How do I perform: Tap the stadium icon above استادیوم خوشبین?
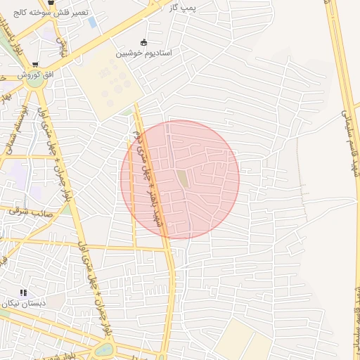[144, 42]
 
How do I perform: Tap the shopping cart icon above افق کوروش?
[35, 63]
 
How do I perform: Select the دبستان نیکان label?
[23, 304]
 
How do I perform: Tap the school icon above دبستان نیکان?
[23, 292]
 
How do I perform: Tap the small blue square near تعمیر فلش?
[93, 22]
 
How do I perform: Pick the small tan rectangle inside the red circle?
[183, 179]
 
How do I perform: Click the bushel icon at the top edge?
[51, 2]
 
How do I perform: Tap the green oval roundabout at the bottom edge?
[103, 349]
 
